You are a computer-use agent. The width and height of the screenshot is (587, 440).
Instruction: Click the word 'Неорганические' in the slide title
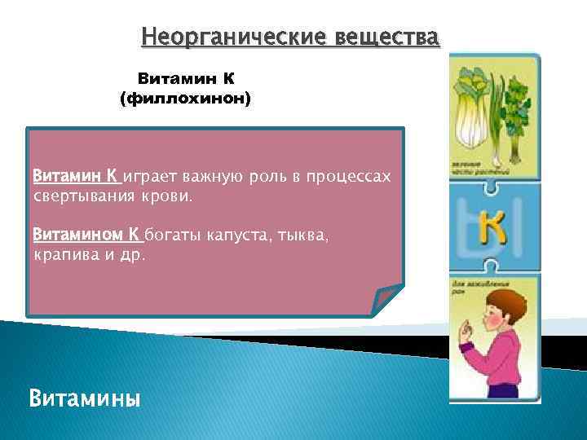pyautogui.click(x=215, y=37)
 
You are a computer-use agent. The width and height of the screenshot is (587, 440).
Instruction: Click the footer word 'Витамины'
pyautogui.click(x=84, y=399)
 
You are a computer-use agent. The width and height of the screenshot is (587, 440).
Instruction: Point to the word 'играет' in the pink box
pyautogui.click(x=150, y=177)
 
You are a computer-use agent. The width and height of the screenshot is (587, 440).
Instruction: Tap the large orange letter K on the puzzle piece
pyautogui.click(x=492, y=229)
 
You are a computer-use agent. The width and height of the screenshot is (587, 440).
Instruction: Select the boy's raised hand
pyautogui.click(x=488, y=335)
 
